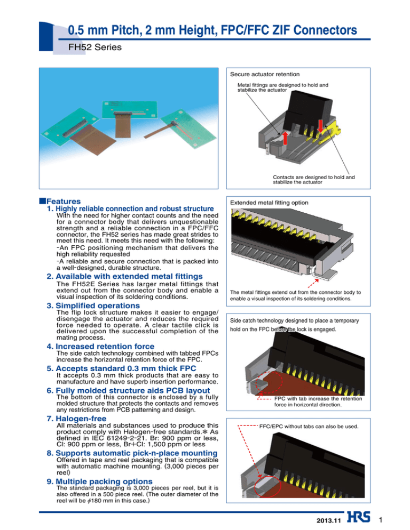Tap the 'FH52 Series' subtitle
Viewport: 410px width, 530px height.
tap(88, 47)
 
